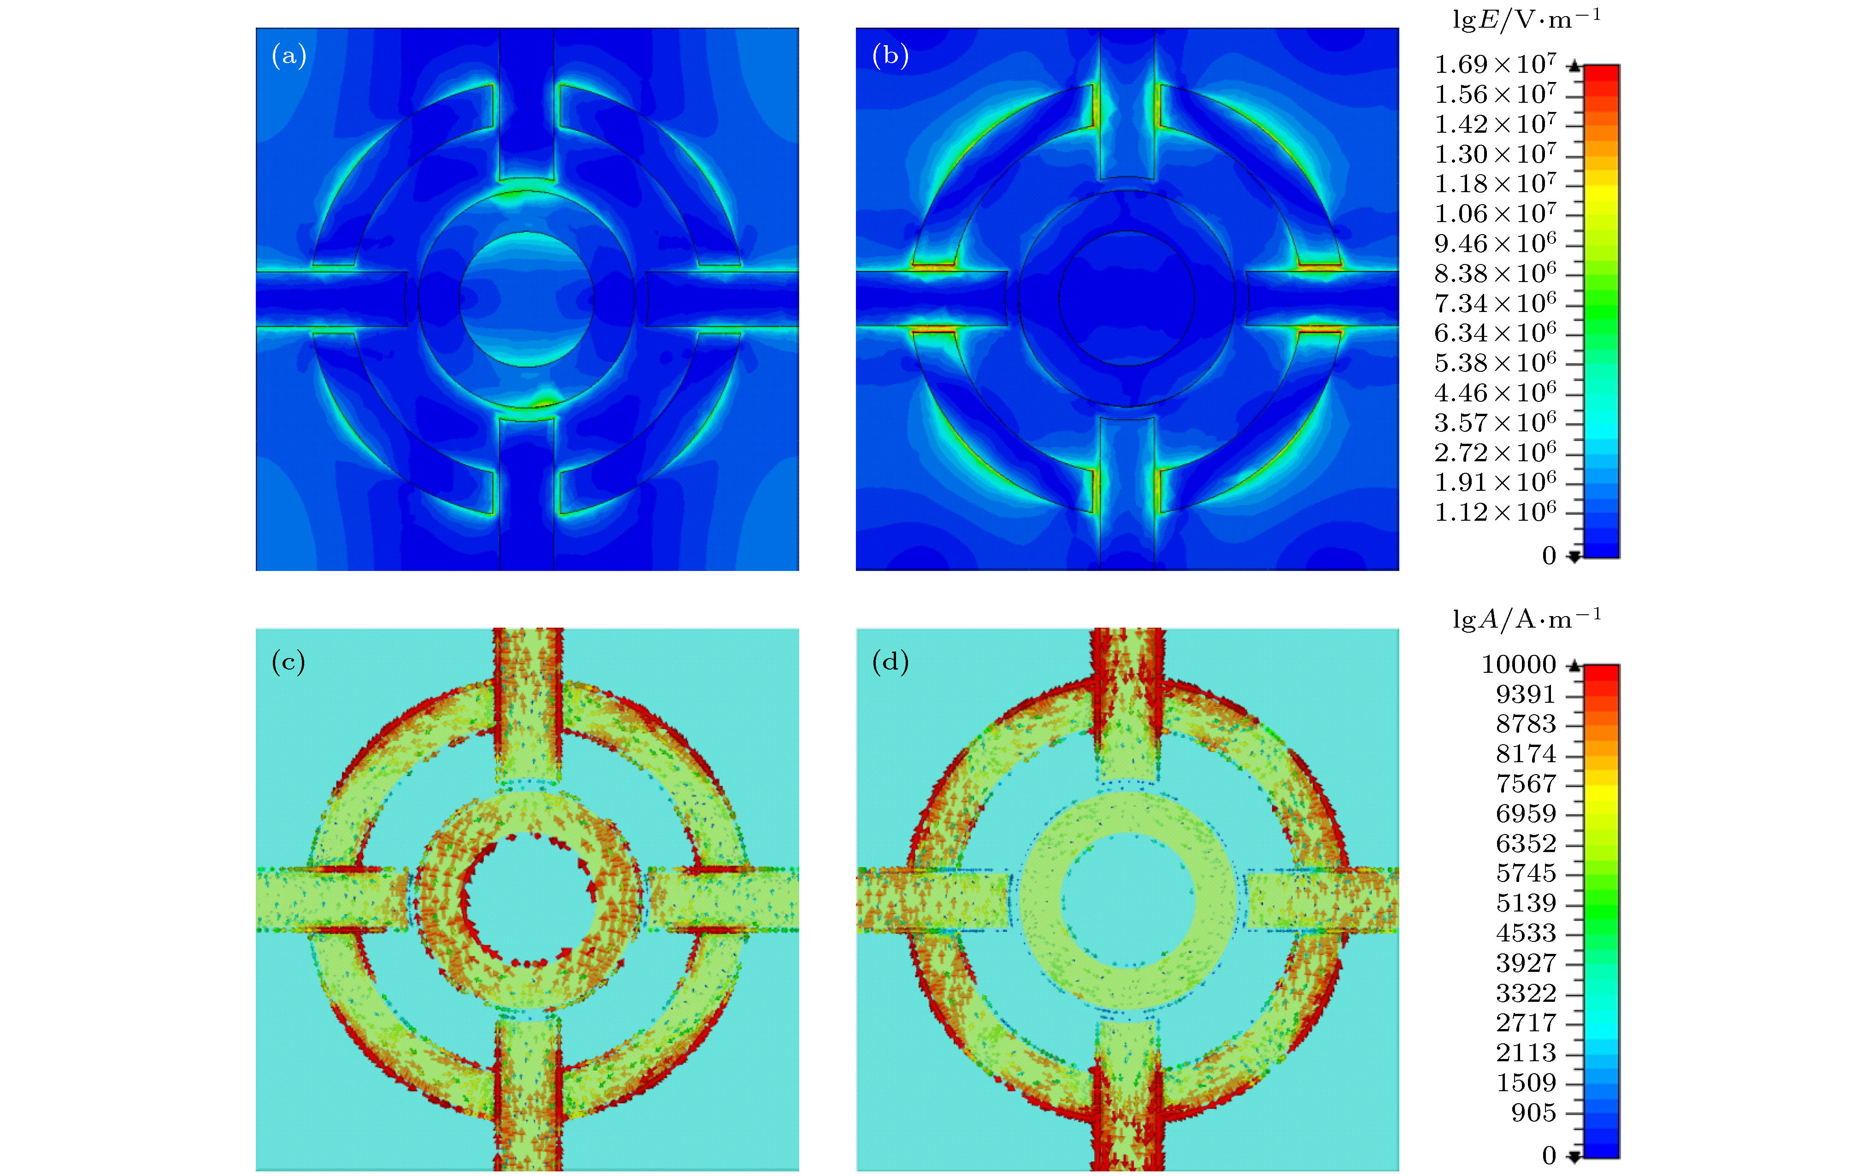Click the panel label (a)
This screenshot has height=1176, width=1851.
289,55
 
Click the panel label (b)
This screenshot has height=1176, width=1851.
890,55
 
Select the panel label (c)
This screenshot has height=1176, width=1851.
288,662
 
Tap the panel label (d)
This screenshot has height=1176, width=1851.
890,662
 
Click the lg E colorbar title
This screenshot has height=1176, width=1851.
1527,19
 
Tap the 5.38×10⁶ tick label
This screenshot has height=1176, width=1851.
1495,362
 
